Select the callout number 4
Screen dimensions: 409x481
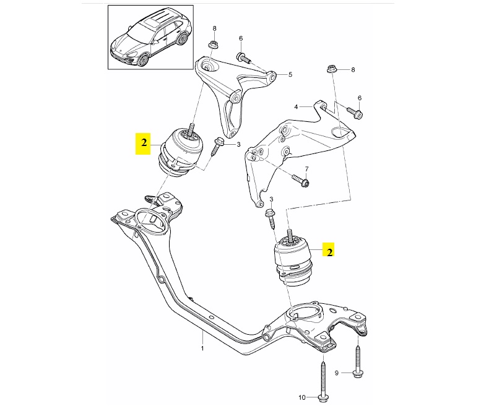coord(297,107)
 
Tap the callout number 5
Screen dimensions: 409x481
coord(290,75)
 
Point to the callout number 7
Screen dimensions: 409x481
coord(306,168)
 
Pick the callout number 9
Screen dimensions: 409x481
coord(337,373)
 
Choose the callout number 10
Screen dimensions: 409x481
coord(302,397)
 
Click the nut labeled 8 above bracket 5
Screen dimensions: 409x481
coord(214,44)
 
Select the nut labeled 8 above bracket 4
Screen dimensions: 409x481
coord(331,71)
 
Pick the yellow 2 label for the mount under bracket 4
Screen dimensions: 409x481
coord(331,252)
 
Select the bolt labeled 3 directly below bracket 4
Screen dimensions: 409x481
coord(271,217)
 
